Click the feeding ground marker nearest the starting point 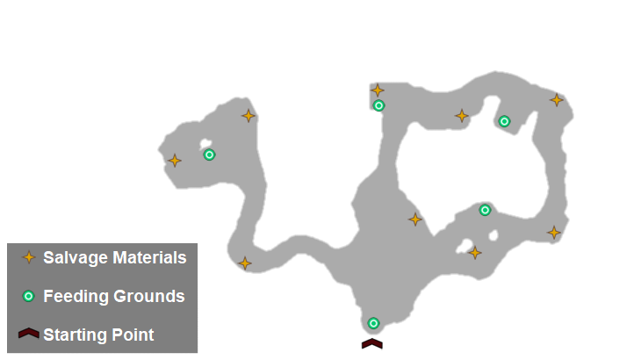373,323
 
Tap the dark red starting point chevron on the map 372,342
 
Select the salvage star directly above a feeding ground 378,90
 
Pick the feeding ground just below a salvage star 378,105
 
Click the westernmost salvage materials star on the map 175,160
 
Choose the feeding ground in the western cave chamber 209,155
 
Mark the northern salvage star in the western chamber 248,116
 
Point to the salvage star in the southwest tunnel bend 245,263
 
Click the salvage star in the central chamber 415,219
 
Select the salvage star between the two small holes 475,253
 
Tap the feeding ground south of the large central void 485,210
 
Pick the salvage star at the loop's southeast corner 554,233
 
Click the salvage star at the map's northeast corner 557,100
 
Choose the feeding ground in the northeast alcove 504,121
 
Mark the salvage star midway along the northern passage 462,116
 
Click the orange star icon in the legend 28,257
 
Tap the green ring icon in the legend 28,297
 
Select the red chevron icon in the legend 28,334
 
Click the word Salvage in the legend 74,258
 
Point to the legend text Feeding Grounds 114,297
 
